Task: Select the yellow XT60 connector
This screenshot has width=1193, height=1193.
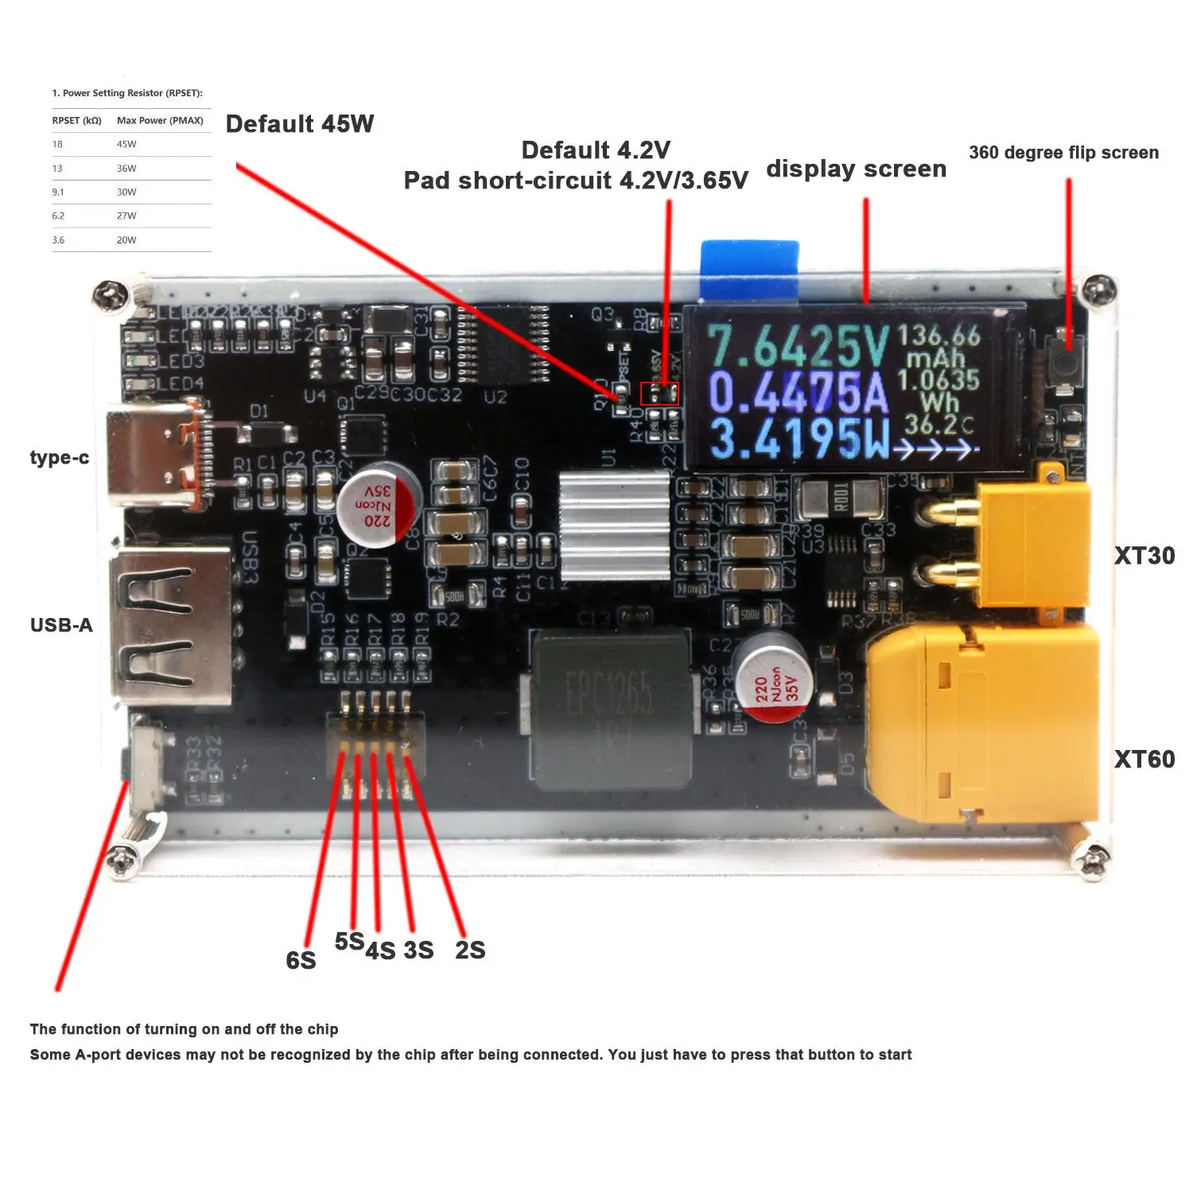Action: pyautogui.click(x=982, y=724)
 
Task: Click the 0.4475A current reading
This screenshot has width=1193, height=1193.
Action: pyautogui.click(x=798, y=393)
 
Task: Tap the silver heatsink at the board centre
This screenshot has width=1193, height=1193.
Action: pyautogui.click(x=615, y=526)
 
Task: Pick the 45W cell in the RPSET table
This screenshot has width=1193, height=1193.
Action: pyautogui.click(x=126, y=145)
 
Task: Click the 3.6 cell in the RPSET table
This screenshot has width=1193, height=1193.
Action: pyautogui.click(x=58, y=240)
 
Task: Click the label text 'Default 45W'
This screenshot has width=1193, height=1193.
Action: pyautogui.click(x=300, y=124)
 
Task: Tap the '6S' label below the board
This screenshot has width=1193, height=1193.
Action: pyautogui.click(x=301, y=961)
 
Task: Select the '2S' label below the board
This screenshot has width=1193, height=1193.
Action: pyautogui.click(x=470, y=950)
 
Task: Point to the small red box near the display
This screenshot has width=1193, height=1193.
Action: pyautogui.click(x=659, y=393)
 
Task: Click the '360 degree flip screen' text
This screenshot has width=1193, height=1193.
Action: pyautogui.click(x=1063, y=153)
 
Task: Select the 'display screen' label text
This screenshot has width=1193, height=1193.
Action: pyautogui.click(x=856, y=169)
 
